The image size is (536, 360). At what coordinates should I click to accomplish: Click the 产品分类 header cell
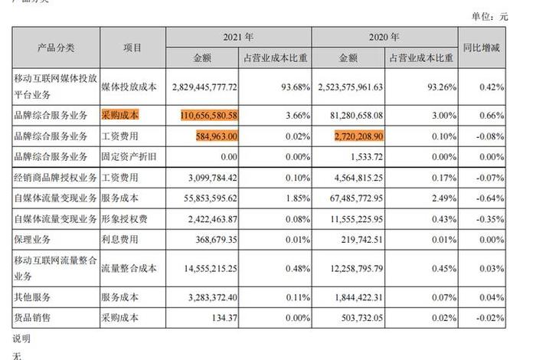click(x=56, y=47)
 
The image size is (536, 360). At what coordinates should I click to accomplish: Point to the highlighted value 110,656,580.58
click(x=199, y=115)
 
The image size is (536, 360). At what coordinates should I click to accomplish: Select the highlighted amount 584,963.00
click(x=219, y=136)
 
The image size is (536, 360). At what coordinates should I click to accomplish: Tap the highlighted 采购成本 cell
click(x=119, y=115)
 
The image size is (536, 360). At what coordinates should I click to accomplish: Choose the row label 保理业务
click(x=32, y=241)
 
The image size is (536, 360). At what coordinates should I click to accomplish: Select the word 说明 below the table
click(x=21, y=338)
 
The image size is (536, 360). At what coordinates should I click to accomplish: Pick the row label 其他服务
click(x=32, y=296)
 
